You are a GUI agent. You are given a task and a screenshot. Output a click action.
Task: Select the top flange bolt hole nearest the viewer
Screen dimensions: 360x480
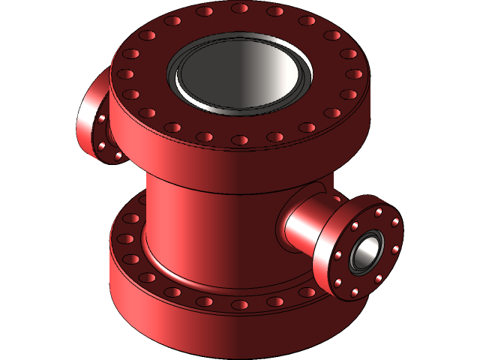click(240, 140)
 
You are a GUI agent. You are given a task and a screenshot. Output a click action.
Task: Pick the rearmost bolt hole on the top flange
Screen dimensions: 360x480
click(240, 8)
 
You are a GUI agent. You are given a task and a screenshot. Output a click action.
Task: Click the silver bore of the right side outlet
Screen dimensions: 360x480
click(365, 252)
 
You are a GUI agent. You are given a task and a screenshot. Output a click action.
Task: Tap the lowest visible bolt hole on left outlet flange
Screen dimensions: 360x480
click(118, 155)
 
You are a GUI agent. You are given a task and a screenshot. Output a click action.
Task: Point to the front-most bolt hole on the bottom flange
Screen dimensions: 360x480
click(240, 305)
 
